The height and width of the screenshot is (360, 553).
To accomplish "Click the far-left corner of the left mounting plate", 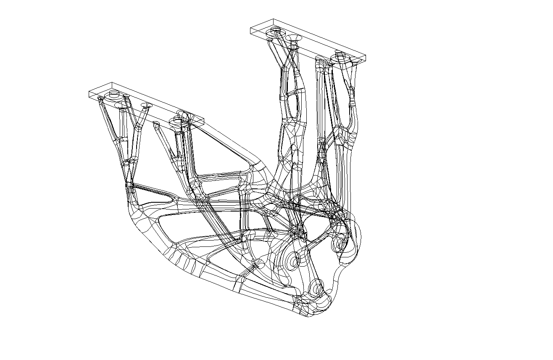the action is coord(89,94).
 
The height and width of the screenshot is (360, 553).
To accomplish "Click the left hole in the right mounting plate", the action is coord(276,31).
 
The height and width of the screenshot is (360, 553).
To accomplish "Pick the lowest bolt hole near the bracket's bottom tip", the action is coord(316,289).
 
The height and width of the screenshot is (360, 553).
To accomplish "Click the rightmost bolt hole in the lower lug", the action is coord(338,244).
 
